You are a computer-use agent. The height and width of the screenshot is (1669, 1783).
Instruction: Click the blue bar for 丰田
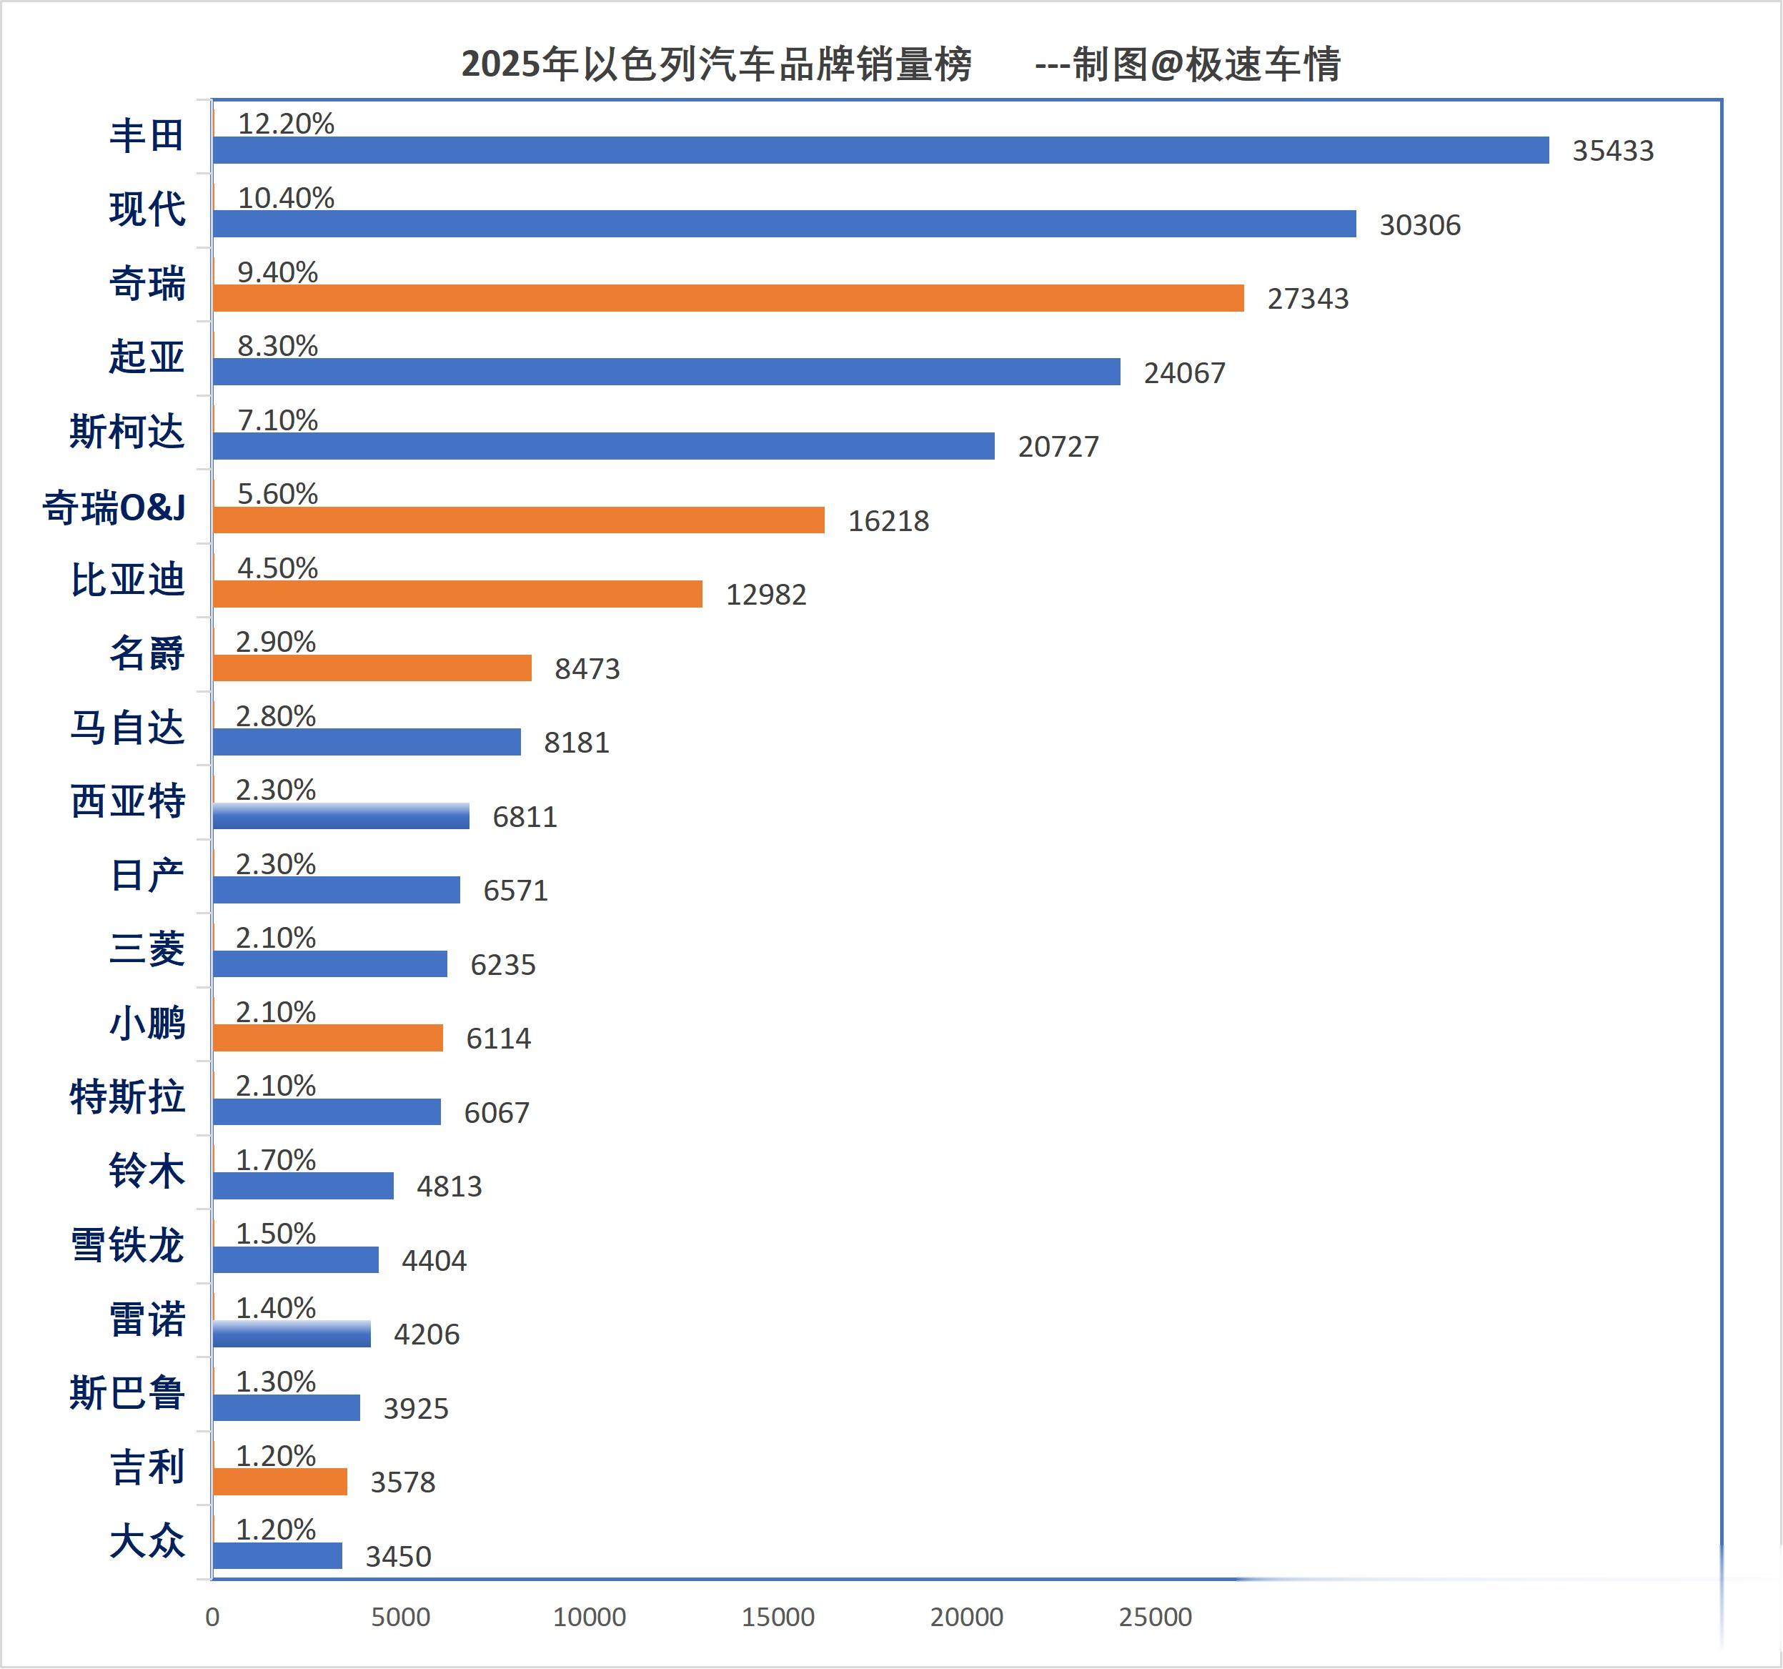point(880,150)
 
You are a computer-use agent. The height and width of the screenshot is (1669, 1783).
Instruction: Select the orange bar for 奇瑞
point(728,298)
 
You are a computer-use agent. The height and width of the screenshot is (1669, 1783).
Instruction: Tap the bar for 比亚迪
point(457,594)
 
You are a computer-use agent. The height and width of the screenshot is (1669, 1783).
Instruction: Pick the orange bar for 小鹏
point(328,1038)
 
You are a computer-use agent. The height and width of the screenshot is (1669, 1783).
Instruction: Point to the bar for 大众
point(278,1555)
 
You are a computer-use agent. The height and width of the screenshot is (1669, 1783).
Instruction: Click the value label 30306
point(1420,224)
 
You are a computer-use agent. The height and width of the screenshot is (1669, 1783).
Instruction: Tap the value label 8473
point(587,668)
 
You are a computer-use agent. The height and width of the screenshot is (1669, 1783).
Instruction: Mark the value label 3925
point(415,1408)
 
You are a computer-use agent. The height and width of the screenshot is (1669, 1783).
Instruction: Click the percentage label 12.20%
point(285,123)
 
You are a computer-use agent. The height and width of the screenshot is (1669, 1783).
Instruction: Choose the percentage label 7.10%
point(277,420)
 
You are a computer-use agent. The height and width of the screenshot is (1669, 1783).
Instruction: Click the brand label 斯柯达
point(126,432)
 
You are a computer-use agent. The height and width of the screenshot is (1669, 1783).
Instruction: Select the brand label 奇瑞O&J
point(114,507)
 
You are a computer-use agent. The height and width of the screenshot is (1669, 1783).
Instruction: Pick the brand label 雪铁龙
point(126,1245)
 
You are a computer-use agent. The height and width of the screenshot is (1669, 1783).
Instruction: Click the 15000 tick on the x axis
point(778,1617)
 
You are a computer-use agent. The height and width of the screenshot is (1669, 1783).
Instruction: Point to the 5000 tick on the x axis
point(401,1617)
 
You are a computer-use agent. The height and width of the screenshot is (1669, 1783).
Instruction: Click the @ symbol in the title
point(1166,64)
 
